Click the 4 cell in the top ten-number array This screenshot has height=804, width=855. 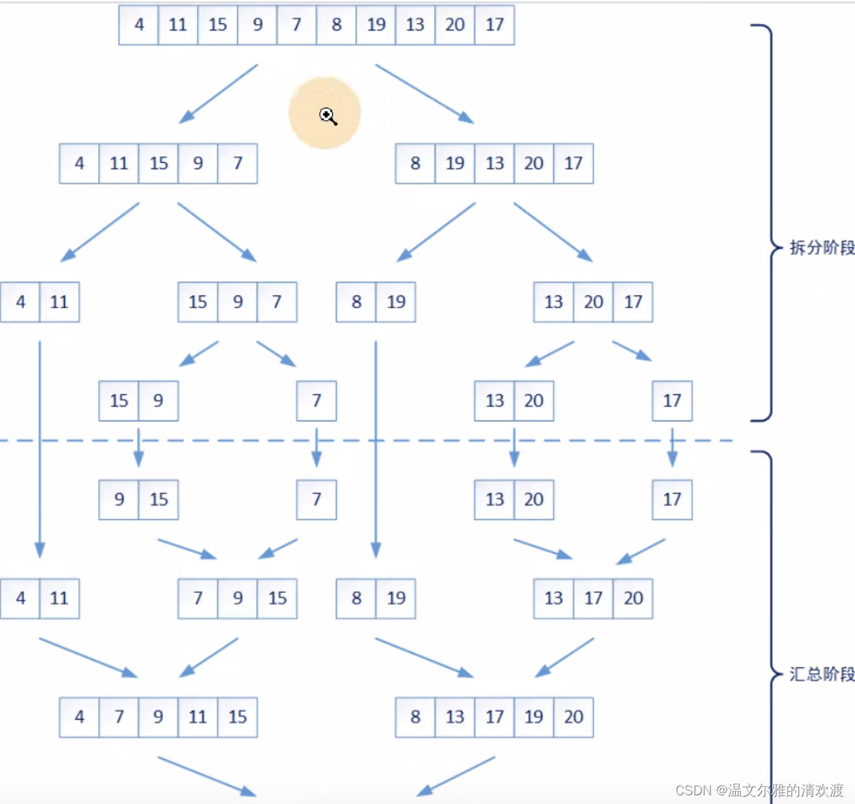point(139,25)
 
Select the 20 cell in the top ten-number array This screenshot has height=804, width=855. point(455,25)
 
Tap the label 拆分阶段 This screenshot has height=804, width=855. point(822,247)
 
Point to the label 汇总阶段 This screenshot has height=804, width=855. point(822,674)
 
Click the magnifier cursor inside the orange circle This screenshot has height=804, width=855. point(328,116)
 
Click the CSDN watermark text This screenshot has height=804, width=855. point(759,790)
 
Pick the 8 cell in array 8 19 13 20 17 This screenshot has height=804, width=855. point(415,164)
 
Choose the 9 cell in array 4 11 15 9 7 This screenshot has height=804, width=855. point(198,164)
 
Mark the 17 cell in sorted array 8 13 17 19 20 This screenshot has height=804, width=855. point(494,717)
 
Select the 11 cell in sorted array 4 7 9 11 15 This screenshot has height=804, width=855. point(198,717)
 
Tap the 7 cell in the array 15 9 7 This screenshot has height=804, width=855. point(277,302)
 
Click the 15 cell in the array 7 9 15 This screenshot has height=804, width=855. point(277,598)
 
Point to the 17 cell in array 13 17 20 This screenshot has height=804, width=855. point(593,598)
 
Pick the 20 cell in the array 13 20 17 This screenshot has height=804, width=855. point(593,302)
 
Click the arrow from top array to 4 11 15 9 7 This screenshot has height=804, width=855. point(218,93)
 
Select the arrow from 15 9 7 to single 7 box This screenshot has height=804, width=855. point(276,354)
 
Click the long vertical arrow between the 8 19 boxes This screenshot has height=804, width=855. point(376,447)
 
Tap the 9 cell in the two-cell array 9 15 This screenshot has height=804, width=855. point(119,500)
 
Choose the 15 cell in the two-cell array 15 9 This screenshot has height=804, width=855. point(119,401)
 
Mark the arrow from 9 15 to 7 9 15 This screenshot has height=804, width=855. point(187,549)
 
